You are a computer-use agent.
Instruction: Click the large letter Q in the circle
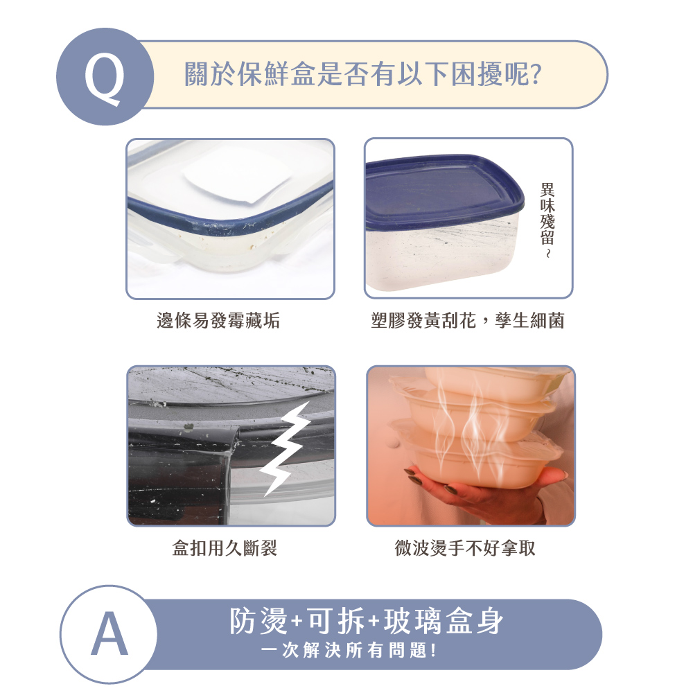click(105, 80)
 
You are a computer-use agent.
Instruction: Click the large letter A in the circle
click(109, 635)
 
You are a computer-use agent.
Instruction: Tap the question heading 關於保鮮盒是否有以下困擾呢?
click(363, 73)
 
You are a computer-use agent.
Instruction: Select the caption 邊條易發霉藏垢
click(218, 320)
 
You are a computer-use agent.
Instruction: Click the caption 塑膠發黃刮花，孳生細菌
click(468, 320)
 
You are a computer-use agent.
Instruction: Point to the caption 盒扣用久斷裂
click(225, 548)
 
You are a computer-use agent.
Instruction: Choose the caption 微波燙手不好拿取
click(465, 548)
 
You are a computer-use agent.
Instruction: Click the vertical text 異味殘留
click(547, 213)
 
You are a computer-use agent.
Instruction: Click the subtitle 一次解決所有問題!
click(349, 650)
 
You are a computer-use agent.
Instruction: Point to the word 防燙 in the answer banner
click(258, 621)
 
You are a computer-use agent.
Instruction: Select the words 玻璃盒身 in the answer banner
click(444, 621)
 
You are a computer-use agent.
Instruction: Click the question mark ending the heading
click(536, 74)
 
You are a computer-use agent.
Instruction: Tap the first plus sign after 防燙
click(297, 622)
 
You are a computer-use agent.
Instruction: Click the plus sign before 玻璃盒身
click(374, 622)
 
